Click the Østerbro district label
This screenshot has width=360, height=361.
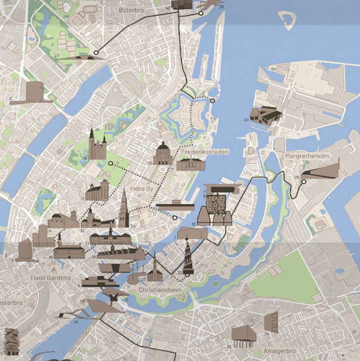[x=131, y=11]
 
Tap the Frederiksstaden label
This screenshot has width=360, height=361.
[x=205, y=152]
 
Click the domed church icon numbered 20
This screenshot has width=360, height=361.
[x=163, y=154]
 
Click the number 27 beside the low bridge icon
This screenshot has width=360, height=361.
[x=56, y=55]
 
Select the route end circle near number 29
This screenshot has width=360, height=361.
[x=304, y=182]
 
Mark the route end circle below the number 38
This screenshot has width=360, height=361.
[x=201, y=13]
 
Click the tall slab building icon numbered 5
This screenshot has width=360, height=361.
[x=34, y=92]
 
